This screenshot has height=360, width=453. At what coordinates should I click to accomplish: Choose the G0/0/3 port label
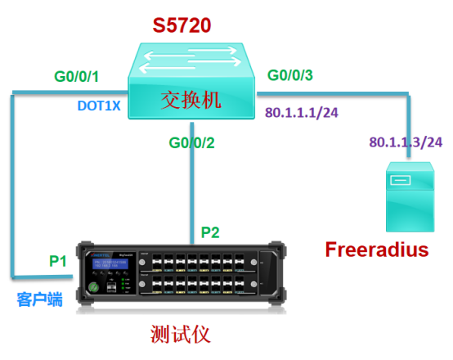coord(290,76)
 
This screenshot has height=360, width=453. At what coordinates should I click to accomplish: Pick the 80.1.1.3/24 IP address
coord(406,142)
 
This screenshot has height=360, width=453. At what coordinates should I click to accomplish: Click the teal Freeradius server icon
coord(409,196)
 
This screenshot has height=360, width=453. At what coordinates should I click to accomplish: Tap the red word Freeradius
coord(377,249)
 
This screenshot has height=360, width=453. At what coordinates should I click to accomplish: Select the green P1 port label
coord(56,261)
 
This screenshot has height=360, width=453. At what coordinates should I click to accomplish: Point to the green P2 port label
coord(210,232)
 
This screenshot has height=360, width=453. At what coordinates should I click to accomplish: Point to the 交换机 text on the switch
coord(192,100)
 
